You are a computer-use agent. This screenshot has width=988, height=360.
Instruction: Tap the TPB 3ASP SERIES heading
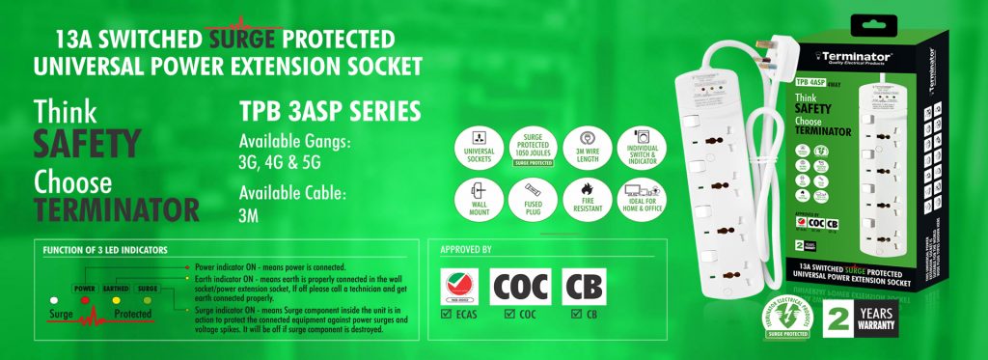(x=329, y=112)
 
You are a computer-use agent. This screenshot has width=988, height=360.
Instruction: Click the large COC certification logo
(x=521, y=287)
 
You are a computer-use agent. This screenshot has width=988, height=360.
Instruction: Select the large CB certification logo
(x=584, y=287)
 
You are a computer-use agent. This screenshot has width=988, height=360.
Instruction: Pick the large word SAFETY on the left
(x=88, y=143)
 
